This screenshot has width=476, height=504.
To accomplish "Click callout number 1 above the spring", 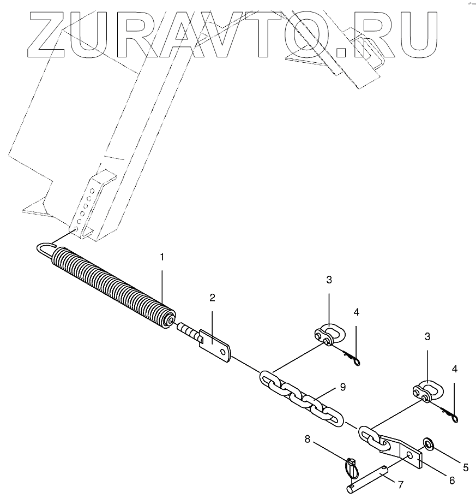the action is pyautogui.click(x=161, y=257).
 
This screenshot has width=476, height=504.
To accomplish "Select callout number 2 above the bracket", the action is pyautogui.click(x=212, y=298).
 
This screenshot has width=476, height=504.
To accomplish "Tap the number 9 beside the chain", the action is pyautogui.click(x=342, y=388).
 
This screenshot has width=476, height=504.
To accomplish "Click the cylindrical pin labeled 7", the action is pyautogui.click(x=366, y=476).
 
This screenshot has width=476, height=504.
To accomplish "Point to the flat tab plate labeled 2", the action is pyautogui.click(x=216, y=347).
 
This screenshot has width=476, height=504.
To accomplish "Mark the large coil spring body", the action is pyautogui.click(x=115, y=284).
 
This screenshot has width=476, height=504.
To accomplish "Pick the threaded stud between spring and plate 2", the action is pyautogui.click(x=188, y=331).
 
